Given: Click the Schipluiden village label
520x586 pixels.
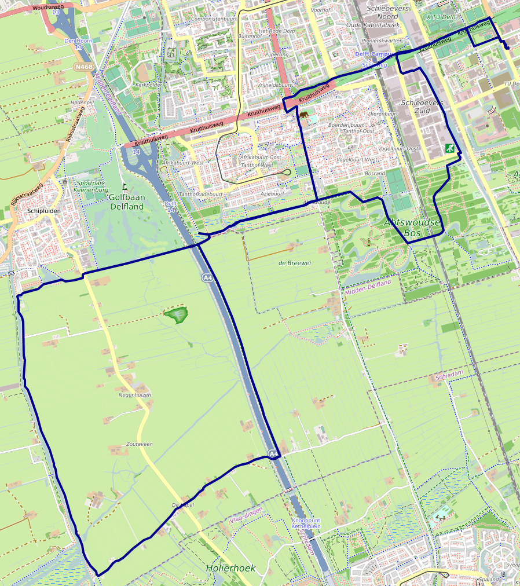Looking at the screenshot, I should pos(43,211).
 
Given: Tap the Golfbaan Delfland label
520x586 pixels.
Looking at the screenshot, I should pos(126,201).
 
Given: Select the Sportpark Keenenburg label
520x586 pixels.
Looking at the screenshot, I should pos(92,186).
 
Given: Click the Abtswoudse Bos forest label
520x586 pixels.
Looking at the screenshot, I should pos(412,227).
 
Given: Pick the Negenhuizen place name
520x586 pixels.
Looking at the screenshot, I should pos(135,395).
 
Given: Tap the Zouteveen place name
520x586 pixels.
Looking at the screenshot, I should pos(139,444).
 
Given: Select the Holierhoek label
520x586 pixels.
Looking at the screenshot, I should pos(230,568).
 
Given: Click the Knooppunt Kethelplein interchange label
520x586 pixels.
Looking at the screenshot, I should pos(306,523).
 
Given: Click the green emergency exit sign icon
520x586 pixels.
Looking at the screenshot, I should pos(449,148).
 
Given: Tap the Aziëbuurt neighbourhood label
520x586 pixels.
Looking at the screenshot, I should pos(273,194).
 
